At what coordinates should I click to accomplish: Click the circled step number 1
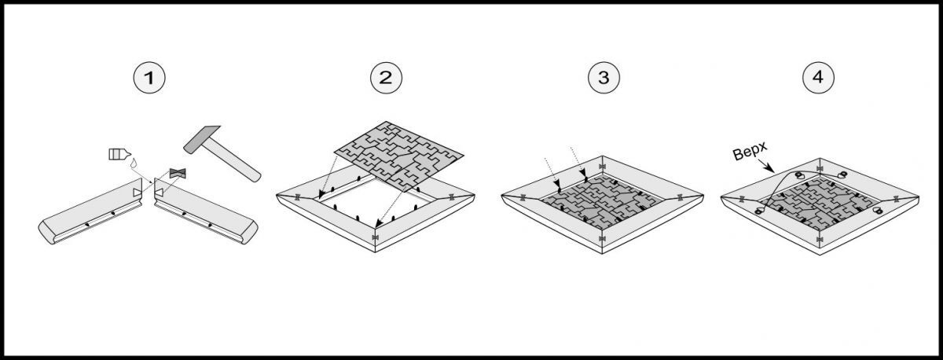[x=149, y=78]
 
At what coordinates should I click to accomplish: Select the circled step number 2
[x=386, y=78]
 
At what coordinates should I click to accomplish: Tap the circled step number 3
[x=604, y=78]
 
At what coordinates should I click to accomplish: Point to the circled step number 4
[x=818, y=78]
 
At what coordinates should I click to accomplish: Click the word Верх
[x=750, y=151]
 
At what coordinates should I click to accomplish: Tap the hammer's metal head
[x=202, y=139]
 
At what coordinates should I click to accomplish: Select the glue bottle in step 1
[x=119, y=154]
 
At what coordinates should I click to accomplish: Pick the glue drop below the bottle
[x=134, y=163]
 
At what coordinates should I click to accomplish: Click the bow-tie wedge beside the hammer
[x=178, y=173]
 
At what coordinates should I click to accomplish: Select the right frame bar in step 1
[x=206, y=211]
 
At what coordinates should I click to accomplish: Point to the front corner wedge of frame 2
[x=375, y=238]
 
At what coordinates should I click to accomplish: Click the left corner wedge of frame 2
[x=297, y=197]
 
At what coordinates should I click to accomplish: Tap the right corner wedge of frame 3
[x=680, y=197]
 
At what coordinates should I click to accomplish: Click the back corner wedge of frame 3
[x=602, y=167]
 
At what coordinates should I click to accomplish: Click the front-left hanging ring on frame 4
[x=759, y=211]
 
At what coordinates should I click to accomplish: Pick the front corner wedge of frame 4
[x=819, y=240]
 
